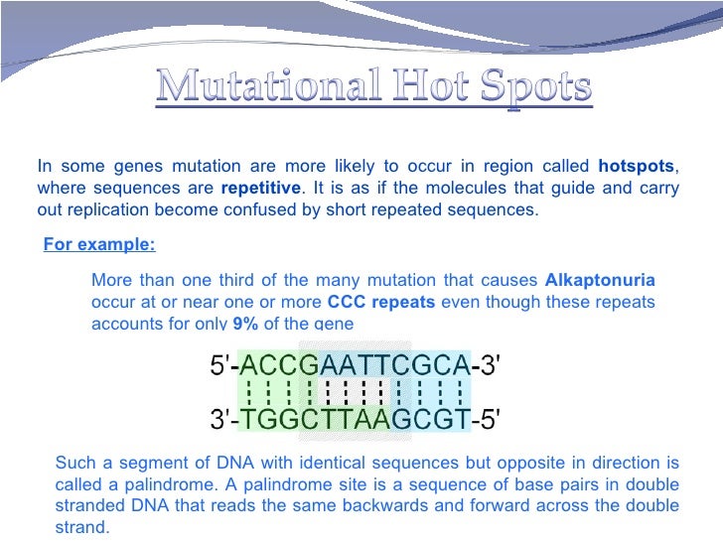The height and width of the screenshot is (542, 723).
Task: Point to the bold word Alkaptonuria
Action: tap(600, 280)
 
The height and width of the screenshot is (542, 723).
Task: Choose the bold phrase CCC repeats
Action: tap(380, 302)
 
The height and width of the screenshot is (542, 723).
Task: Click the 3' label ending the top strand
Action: tap(489, 366)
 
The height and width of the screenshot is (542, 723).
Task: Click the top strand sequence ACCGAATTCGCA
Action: tap(356, 366)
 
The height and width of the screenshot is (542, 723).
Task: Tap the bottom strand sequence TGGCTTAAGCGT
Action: tap(356, 420)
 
